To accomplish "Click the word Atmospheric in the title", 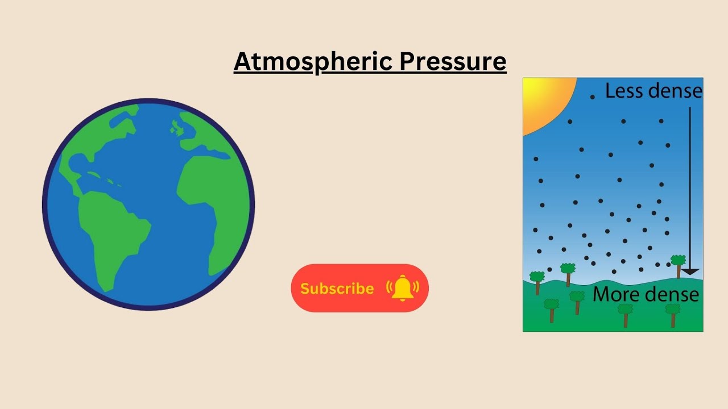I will [x=313, y=61].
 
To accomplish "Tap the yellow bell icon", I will [x=403, y=287].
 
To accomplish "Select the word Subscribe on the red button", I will [x=337, y=289].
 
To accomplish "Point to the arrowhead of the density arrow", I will [x=690, y=272].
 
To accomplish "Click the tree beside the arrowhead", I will [x=678, y=264].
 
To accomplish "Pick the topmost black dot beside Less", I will [x=592, y=97].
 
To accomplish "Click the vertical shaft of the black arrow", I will [x=690, y=187].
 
